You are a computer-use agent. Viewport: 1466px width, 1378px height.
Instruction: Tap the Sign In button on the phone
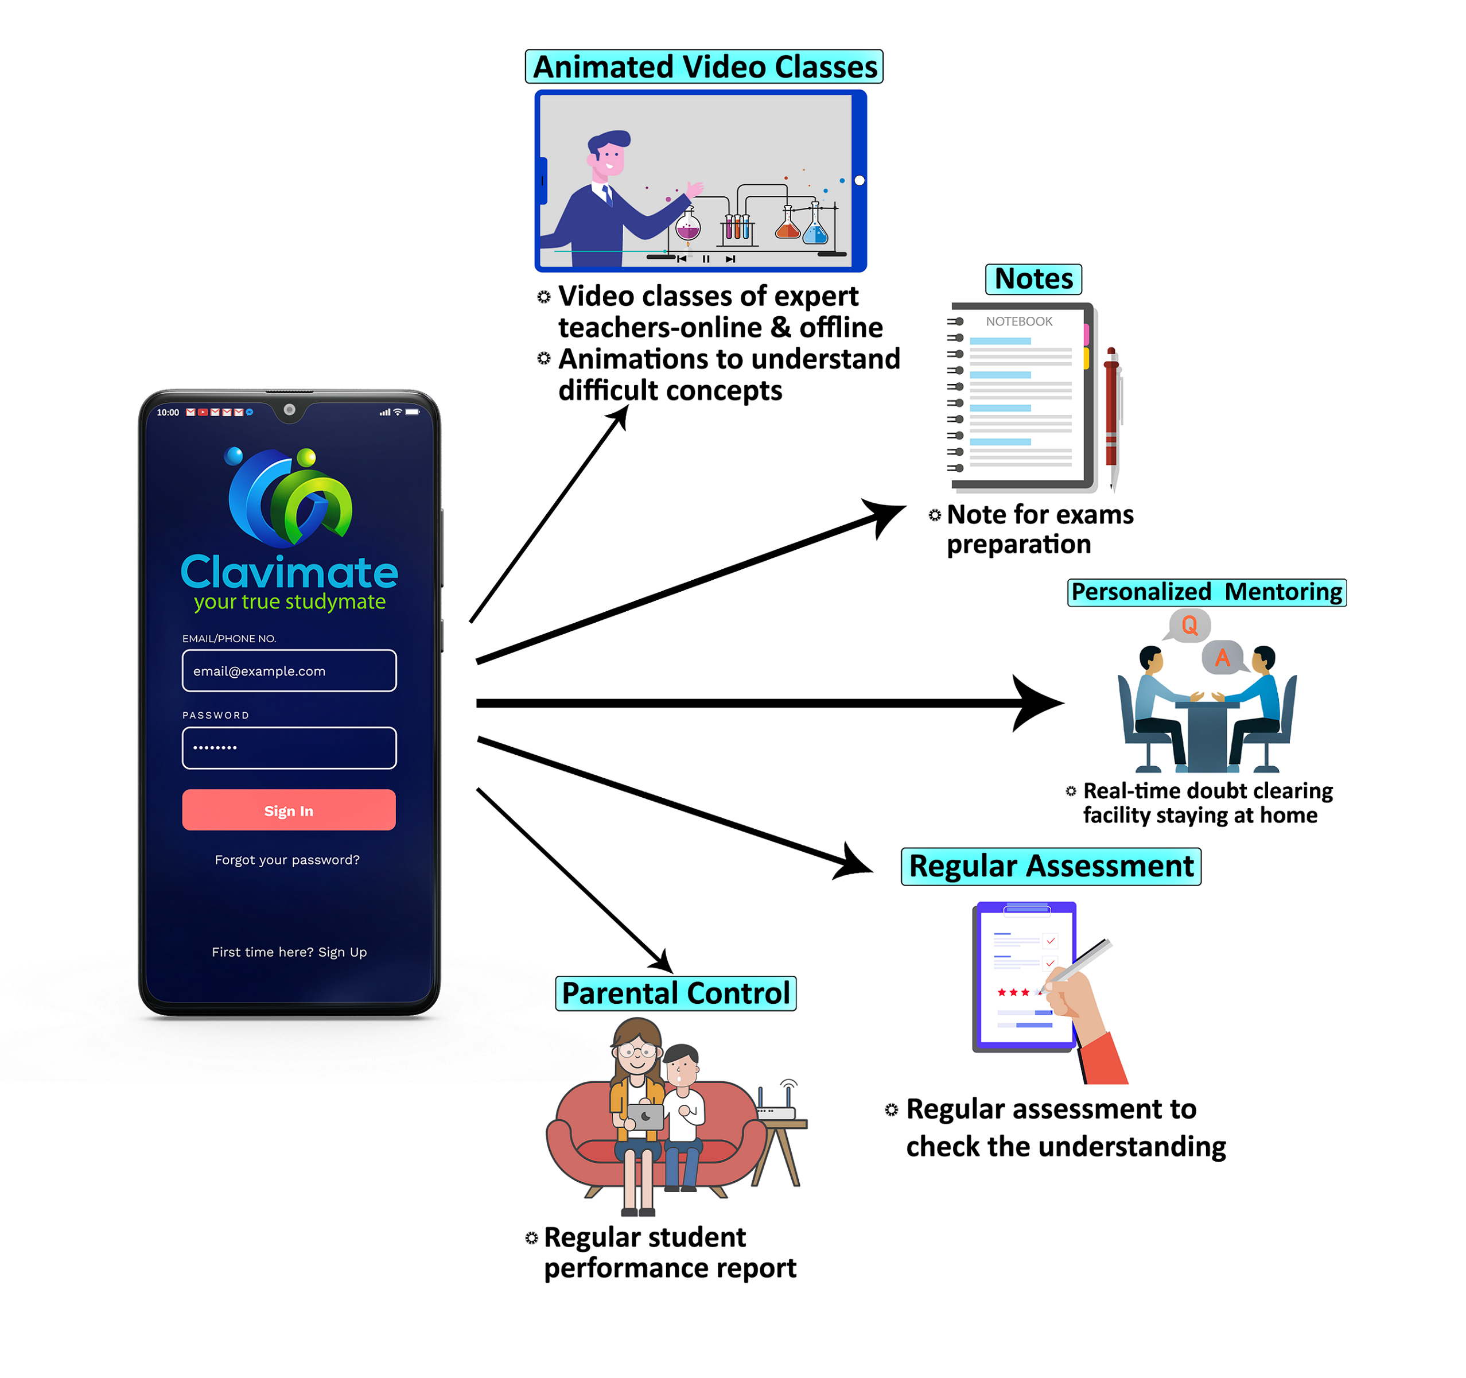pyautogui.click(x=289, y=810)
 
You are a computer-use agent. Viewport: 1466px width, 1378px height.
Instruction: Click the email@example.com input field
pyautogui.click(x=289, y=670)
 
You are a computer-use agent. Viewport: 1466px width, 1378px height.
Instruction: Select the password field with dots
pyautogui.click(x=289, y=747)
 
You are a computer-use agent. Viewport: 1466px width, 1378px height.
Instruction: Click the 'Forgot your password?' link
pyautogui.click(x=287, y=859)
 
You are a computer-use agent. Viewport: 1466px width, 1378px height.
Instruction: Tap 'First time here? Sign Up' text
pyautogui.click(x=289, y=952)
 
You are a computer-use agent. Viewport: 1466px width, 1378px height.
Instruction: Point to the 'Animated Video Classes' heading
pyautogui.click(x=704, y=67)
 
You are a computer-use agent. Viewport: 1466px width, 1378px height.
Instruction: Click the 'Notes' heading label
pyautogui.click(x=1033, y=279)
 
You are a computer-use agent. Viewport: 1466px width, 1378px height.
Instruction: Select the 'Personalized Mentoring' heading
pyautogui.click(x=1207, y=592)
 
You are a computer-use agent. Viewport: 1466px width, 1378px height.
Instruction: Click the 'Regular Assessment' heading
pyautogui.click(x=1051, y=866)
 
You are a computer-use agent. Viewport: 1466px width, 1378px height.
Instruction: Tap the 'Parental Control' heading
pyautogui.click(x=675, y=993)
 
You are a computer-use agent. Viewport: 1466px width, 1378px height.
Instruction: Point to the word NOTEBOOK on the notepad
pyautogui.click(x=1019, y=321)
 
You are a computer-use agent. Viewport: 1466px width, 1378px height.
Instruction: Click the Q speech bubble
pyautogui.click(x=1189, y=626)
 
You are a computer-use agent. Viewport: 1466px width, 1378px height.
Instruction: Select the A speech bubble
pyautogui.click(x=1222, y=657)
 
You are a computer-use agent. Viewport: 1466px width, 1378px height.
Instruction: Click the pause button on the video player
pyautogui.click(x=706, y=259)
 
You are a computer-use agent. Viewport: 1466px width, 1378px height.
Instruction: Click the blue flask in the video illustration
pyautogui.click(x=815, y=228)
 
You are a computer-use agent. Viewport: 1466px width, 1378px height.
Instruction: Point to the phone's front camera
pyautogui.click(x=290, y=409)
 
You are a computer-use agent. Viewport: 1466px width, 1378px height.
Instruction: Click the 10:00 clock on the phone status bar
pyautogui.click(x=168, y=413)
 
